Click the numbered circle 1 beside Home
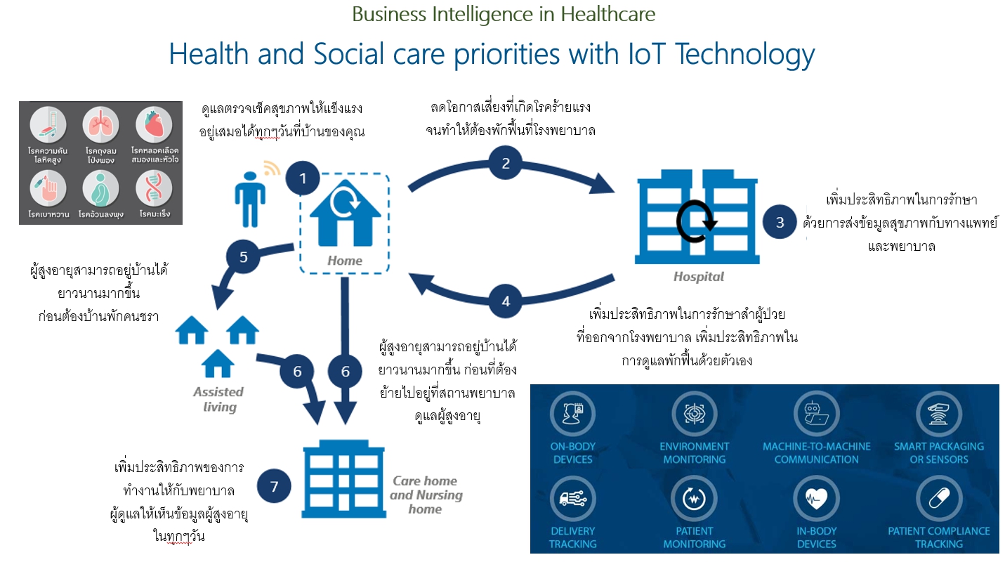pos(303,178)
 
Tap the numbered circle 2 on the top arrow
pos(506,163)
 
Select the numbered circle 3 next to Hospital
pos(780,222)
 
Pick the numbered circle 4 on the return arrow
pos(506,301)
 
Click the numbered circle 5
pos(243,256)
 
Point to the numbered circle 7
pos(274,486)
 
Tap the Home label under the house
pos(345,261)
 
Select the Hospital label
pos(699,277)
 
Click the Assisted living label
pos(218,399)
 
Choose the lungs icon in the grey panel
pos(100,124)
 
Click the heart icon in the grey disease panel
pos(154,124)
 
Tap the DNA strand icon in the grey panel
pos(154,188)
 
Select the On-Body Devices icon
pos(572,413)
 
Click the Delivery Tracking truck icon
pos(572,498)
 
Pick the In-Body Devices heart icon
pos(816,498)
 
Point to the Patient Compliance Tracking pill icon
pos(938,498)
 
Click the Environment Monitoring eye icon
pos(694,413)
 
